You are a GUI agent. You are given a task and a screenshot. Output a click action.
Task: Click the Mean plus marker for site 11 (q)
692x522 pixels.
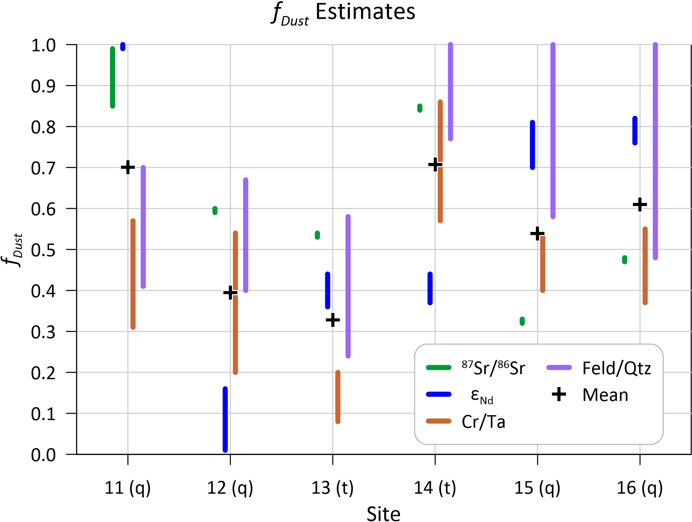(128, 167)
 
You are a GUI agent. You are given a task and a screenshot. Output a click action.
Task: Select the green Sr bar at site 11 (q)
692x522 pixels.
(112, 77)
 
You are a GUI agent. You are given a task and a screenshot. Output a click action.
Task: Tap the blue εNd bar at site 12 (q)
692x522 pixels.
(225, 419)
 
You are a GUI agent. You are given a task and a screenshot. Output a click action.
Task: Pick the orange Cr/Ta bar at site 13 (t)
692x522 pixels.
(338, 397)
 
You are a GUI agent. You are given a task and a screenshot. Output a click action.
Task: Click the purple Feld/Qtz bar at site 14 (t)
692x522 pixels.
(451, 92)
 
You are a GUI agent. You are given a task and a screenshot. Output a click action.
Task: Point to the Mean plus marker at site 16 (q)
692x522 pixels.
(640, 205)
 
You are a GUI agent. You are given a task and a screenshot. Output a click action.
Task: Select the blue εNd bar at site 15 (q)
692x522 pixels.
(532, 145)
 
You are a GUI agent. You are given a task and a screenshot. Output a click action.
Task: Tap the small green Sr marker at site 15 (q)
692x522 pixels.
(522, 321)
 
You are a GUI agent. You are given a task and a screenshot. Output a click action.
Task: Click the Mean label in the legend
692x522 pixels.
(605, 395)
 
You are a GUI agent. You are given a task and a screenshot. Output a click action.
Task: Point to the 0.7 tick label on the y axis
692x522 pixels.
(43, 168)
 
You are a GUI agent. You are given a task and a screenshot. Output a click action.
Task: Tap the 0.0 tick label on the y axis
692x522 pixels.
(43, 455)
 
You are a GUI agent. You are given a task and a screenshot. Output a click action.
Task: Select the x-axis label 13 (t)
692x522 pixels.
(332, 488)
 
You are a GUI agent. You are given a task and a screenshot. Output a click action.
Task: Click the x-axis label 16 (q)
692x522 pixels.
(639, 488)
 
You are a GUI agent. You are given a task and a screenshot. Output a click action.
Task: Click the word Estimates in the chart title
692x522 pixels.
(365, 12)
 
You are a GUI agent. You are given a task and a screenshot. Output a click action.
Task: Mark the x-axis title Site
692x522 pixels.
(383, 513)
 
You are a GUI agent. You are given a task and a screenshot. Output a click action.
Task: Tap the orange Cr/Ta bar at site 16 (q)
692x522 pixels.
(645, 265)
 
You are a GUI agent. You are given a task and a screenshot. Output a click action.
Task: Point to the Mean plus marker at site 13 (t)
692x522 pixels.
(333, 320)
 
